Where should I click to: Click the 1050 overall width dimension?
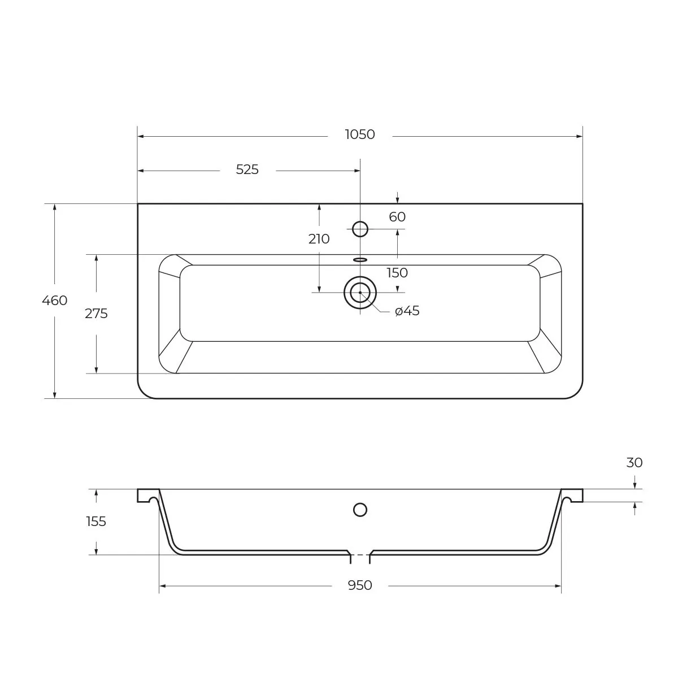tap(360, 134)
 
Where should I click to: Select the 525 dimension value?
tap(247, 169)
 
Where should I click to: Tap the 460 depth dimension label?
tap(55, 301)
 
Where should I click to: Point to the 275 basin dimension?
tap(96, 314)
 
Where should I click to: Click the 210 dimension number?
tap(319, 239)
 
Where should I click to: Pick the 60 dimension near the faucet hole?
tap(397, 217)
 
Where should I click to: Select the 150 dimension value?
tap(397, 273)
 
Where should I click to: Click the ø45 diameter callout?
tap(407, 311)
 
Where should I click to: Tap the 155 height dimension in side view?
tap(96, 521)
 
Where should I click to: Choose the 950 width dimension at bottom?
tap(359, 585)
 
